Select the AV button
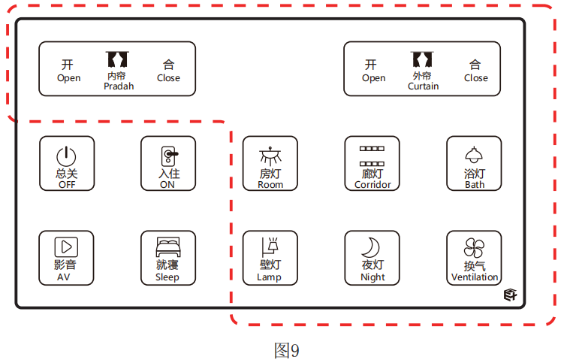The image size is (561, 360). pyautogui.click(x=67, y=258)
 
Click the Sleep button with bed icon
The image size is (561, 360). pyautogui.click(x=167, y=258)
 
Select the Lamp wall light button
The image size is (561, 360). pyautogui.click(x=270, y=258)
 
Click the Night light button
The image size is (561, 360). pyautogui.click(x=372, y=258)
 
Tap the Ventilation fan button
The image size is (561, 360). pyautogui.click(x=474, y=258)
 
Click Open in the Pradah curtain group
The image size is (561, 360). pyautogui.click(x=68, y=70)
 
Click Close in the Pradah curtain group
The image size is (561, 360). pyautogui.click(x=168, y=70)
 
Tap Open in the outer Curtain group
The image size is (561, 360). pyautogui.click(x=373, y=70)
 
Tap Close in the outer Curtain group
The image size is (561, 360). pyautogui.click(x=475, y=70)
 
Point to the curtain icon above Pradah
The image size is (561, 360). pyautogui.click(x=117, y=59)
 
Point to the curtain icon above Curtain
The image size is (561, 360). pyautogui.click(x=423, y=59)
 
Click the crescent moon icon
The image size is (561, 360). pyautogui.click(x=371, y=247)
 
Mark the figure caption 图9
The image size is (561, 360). pyautogui.click(x=286, y=350)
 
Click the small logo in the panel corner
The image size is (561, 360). pyautogui.click(x=511, y=295)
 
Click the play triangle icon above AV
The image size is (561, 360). pyautogui.click(x=66, y=246)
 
